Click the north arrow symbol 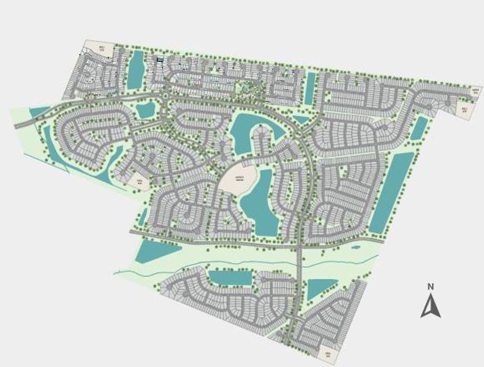[431, 306]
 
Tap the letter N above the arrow [431, 286]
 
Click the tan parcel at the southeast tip [328, 354]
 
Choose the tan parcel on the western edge [138, 182]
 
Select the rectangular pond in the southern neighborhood [229, 278]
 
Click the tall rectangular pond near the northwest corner [135, 69]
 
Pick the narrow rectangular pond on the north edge [310, 86]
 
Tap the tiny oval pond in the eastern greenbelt [355, 248]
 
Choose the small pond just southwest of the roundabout [146, 111]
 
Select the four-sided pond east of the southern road [320, 287]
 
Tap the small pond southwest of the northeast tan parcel [420, 127]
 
